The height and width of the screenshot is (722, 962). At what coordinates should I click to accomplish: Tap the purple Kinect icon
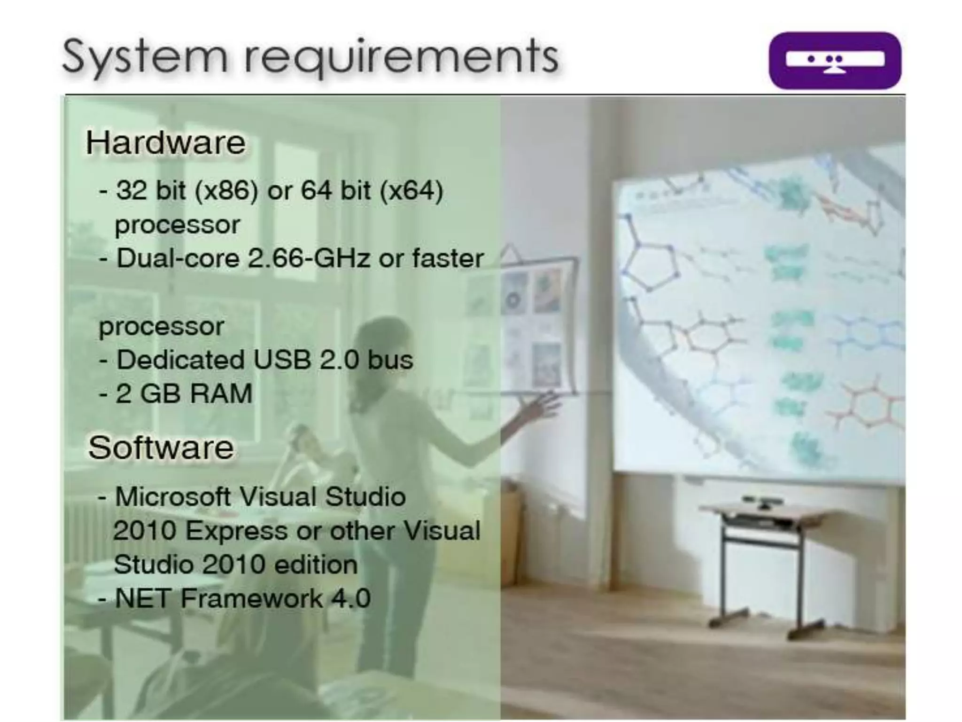pyautogui.click(x=835, y=61)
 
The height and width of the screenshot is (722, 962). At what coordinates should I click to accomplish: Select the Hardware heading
pyautogui.click(x=165, y=142)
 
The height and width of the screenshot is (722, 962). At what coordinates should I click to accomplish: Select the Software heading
pyautogui.click(x=161, y=447)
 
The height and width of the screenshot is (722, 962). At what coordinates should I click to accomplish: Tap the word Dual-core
pyautogui.click(x=178, y=258)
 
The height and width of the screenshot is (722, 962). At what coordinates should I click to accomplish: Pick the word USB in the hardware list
pyautogui.click(x=282, y=360)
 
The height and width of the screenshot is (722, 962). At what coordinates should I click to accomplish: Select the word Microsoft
pyautogui.click(x=172, y=496)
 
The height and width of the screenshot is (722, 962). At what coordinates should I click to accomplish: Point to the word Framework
pyautogui.click(x=252, y=598)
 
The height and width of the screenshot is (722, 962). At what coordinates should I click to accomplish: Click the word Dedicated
pyautogui.click(x=180, y=360)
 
